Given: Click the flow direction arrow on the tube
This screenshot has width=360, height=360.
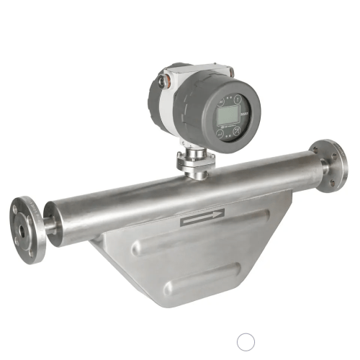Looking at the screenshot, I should pos(202,217).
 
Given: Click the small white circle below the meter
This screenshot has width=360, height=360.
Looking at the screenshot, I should pos(246,341).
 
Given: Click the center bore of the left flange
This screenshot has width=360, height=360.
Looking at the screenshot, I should pos(22,231).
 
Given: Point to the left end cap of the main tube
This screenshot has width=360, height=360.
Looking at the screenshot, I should pos(51,222).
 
